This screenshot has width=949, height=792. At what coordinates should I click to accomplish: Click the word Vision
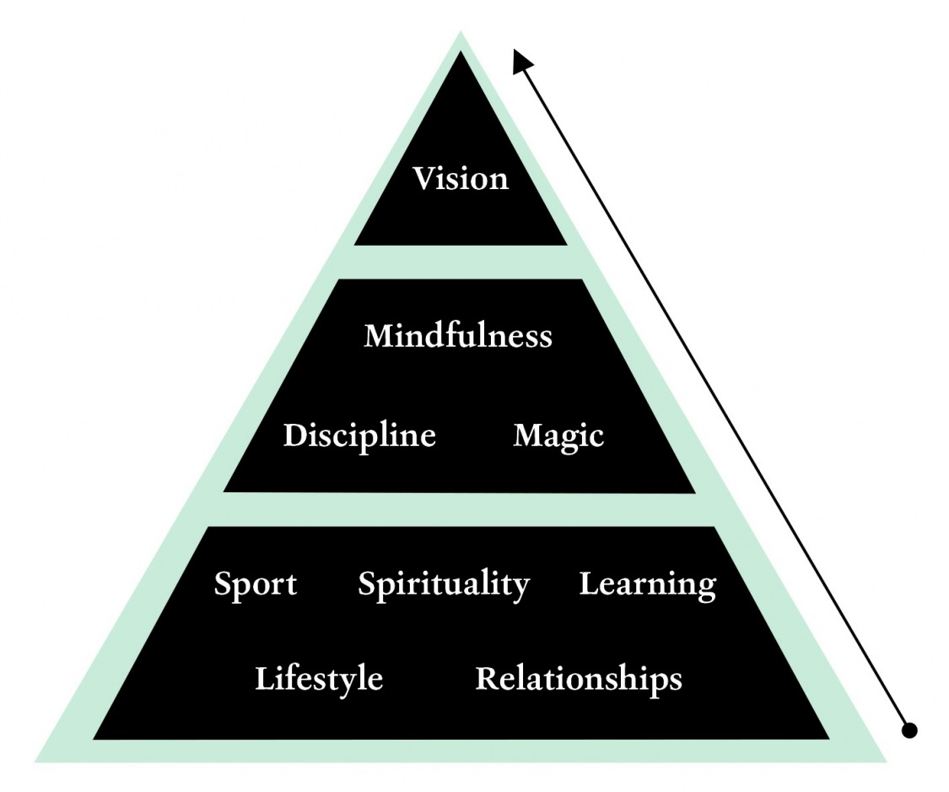click(461, 179)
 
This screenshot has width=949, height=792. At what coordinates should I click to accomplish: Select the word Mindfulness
click(458, 336)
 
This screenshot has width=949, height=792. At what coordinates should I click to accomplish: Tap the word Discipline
click(359, 436)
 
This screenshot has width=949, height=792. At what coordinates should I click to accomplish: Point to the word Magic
click(558, 436)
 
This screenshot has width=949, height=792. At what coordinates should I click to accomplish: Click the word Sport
click(255, 584)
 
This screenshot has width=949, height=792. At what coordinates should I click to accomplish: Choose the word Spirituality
click(444, 584)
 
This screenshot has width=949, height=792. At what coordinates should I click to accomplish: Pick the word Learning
click(647, 584)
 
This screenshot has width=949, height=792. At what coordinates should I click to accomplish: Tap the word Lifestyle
click(319, 679)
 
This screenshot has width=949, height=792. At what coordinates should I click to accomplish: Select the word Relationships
click(579, 679)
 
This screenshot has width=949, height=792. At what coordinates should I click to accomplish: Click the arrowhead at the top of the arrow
click(522, 60)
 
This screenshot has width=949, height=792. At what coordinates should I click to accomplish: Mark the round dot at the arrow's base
click(909, 730)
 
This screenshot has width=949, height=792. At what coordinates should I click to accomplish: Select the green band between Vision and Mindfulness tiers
click(461, 262)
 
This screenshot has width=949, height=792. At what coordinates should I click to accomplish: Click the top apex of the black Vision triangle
click(461, 56)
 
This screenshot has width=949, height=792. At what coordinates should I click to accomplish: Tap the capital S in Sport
click(223, 584)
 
